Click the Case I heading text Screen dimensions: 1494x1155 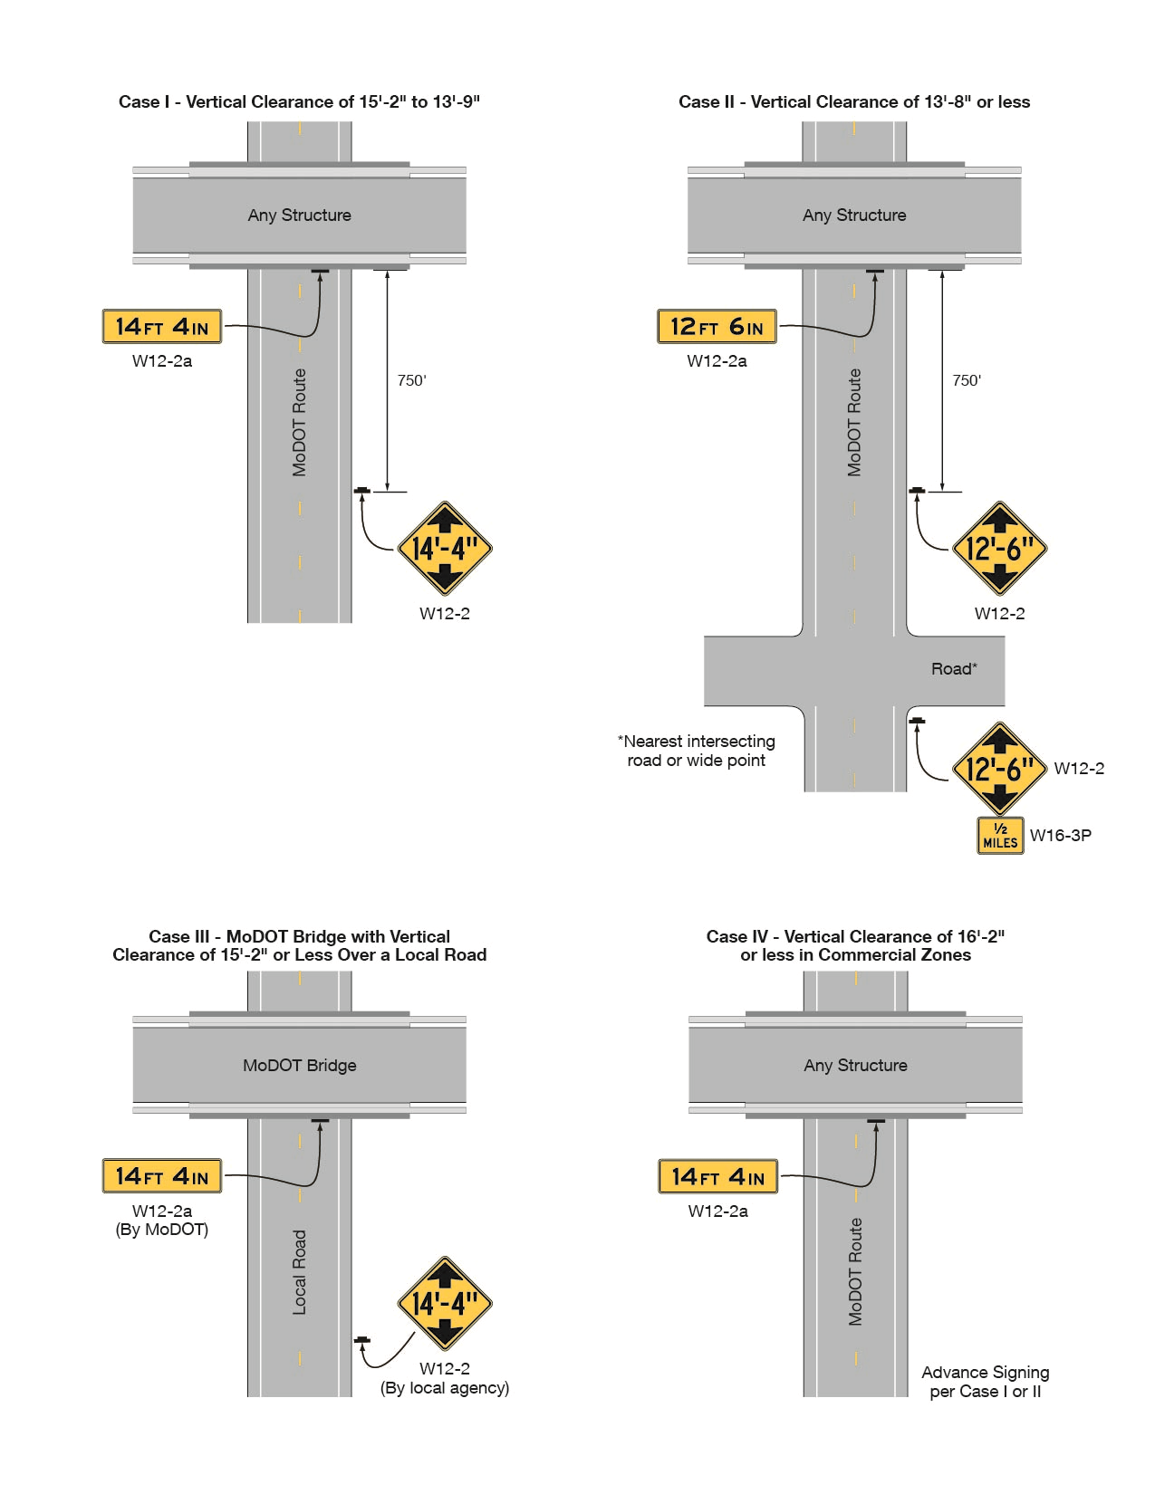click(299, 102)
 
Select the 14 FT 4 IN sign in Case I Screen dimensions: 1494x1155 click(162, 327)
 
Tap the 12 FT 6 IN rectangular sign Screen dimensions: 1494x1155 click(717, 327)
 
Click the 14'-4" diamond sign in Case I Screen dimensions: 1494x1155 click(445, 549)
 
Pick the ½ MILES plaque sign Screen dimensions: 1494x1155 click(1000, 836)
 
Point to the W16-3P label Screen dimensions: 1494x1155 click(1060, 836)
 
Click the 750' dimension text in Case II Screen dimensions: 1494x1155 click(967, 380)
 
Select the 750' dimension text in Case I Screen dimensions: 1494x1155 click(411, 380)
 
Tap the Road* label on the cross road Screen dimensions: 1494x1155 click(954, 669)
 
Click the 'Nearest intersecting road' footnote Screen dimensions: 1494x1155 click(697, 751)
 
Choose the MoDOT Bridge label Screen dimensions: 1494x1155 click(299, 1066)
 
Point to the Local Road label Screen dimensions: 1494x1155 click(300, 1272)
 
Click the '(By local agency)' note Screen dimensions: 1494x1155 click(445, 1388)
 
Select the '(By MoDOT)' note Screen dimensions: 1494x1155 click(162, 1230)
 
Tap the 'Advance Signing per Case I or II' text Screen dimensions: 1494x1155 click(986, 1382)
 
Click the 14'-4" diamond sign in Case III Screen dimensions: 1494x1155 click(445, 1304)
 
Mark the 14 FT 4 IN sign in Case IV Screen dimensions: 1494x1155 click(718, 1177)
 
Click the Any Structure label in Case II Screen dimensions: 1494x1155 click(854, 215)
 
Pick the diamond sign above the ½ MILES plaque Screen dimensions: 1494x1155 click(999, 769)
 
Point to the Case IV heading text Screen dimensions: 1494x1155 click(855, 945)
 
